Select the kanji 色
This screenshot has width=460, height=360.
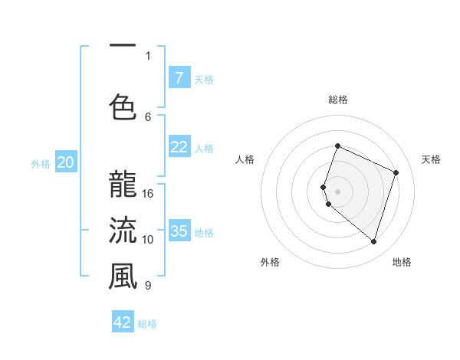[x=123, y=106]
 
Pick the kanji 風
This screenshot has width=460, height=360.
[x=123, y=277]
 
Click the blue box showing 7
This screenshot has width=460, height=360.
[x=179, y=77]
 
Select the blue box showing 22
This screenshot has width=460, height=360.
[x=179, y=147]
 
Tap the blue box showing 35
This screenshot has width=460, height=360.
[x=179, y=231]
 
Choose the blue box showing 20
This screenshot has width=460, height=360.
[x=66, y=162]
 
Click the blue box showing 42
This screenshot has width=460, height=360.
[x=123, y=322]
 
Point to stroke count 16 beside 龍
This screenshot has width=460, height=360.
[x=148, y=193]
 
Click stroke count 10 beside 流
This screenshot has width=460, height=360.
[x=148, y=239]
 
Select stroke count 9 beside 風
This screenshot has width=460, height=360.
[x=148, y=286]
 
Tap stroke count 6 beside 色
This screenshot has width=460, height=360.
[x=148, y=116]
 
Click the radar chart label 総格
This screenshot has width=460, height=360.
[x=337, y=100]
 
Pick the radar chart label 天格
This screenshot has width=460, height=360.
[x=431, y=159]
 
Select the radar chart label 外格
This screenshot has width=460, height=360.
[x=270, y=262]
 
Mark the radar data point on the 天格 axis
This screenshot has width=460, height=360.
[x=396, y=172]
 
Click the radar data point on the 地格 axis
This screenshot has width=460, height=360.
[x=373, y=241]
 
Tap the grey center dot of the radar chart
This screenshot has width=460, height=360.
[x=337, y=191]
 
